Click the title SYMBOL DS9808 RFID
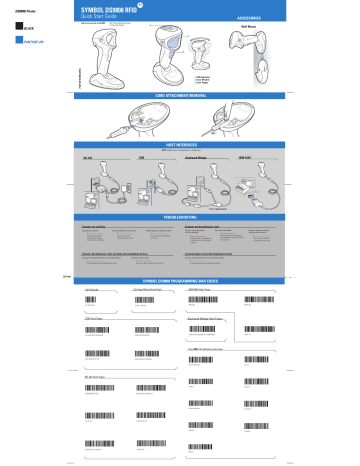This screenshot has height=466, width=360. (x=109, y=9)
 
